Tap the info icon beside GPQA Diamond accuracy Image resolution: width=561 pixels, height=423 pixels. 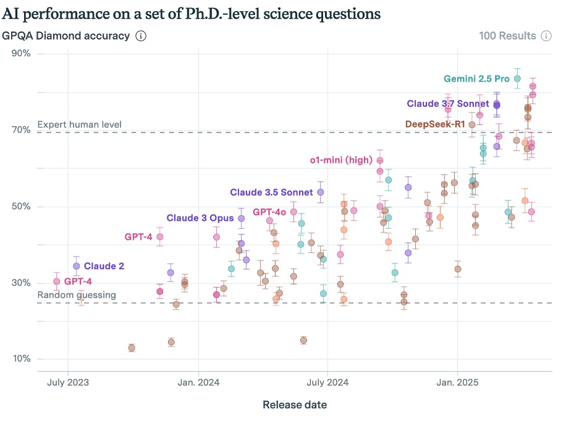click(141, 36)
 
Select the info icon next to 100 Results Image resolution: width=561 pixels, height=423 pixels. click(546, 36)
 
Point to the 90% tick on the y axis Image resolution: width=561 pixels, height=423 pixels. click(22, 53)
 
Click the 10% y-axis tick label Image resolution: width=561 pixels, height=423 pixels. click(22, 359)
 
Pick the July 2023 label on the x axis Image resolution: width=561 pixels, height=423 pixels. click(67, 382)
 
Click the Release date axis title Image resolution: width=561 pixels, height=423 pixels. click(295, 405)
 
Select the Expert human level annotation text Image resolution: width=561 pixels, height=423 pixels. click(80, 124)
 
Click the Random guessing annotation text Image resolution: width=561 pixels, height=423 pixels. click(77, 295)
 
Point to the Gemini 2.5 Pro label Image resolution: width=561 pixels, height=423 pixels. click(476, 79)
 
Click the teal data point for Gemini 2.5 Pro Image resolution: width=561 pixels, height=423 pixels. click(517, 79)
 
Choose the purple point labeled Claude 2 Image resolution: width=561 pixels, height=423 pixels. click(76, 266)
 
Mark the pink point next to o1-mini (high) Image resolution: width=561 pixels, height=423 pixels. click(380, 160)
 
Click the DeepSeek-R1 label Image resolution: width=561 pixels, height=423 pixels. click(435, 124)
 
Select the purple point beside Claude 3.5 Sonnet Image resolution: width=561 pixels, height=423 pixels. click(320, 192)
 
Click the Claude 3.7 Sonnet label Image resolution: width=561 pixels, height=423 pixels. click(448, 103)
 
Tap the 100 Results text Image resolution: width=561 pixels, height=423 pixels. click(507, 36)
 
